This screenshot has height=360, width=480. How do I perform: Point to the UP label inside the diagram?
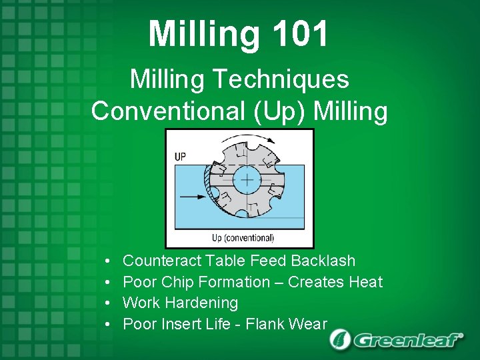180,157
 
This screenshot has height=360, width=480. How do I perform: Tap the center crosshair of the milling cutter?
248,180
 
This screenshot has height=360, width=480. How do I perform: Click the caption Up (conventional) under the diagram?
243,238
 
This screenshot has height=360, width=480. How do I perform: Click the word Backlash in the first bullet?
323,261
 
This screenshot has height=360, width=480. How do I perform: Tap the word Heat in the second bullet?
365,282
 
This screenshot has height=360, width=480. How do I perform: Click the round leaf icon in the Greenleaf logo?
341,339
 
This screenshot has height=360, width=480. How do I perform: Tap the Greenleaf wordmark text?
407,340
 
